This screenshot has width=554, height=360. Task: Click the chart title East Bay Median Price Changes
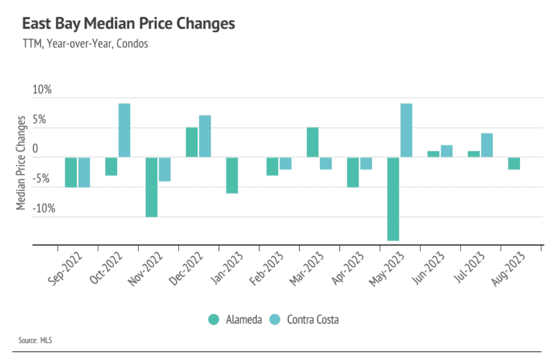coord(129,24)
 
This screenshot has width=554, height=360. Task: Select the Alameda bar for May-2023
coord(393,199)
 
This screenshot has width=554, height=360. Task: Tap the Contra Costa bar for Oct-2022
coord(124,130)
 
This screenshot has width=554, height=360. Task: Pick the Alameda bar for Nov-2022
coord(152,187)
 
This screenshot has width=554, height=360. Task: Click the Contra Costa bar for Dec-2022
coord(205,136)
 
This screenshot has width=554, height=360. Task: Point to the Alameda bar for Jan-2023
coord(232,175)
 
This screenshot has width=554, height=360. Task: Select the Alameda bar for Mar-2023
coord(313,142)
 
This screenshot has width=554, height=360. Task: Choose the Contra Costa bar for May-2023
coord(406,130)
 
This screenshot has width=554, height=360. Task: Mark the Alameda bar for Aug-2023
coord(514,163)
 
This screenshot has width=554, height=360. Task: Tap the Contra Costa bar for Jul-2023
coord(487,145)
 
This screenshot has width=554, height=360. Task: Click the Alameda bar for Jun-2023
coord(433,154)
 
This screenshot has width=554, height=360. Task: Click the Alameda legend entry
coord(235,319)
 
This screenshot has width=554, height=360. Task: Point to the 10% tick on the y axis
coord(42,90)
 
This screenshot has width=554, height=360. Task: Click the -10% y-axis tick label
coord(43,208)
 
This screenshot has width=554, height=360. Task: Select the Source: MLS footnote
coord(35,341)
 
